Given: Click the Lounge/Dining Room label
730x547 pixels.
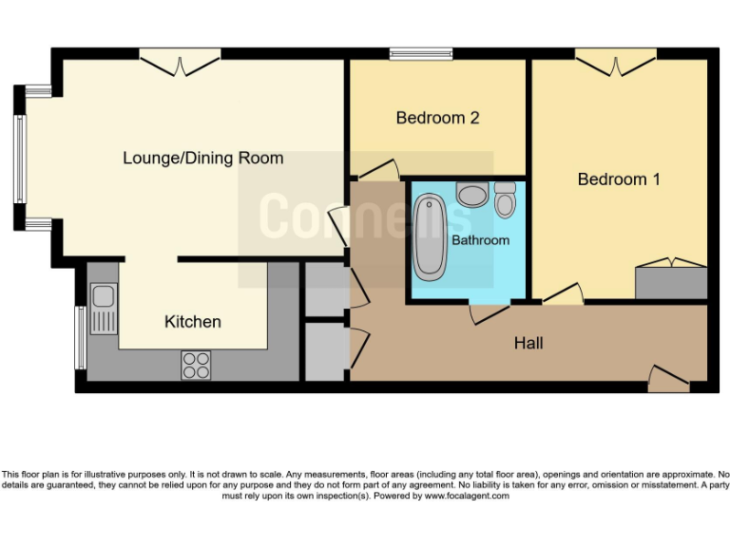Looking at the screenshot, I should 202,158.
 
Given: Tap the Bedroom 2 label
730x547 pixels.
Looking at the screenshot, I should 437,118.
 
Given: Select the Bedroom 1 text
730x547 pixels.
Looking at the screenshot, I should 619,179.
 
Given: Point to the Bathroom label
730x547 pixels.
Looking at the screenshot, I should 480,240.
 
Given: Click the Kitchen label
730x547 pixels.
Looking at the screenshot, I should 193,322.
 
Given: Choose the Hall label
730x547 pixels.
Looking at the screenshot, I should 528,343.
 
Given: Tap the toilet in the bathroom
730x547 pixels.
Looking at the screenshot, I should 505,201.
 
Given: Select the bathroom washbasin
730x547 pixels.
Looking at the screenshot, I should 471,195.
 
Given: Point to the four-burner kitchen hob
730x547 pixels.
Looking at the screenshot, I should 197,365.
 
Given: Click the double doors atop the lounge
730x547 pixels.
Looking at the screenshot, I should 181,63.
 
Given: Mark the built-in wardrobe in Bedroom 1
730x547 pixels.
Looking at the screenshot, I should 671,282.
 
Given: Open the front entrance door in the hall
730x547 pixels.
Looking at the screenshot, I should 669,381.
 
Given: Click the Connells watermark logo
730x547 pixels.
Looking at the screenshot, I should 365,218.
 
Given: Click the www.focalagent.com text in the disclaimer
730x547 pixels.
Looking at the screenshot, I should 467,496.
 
